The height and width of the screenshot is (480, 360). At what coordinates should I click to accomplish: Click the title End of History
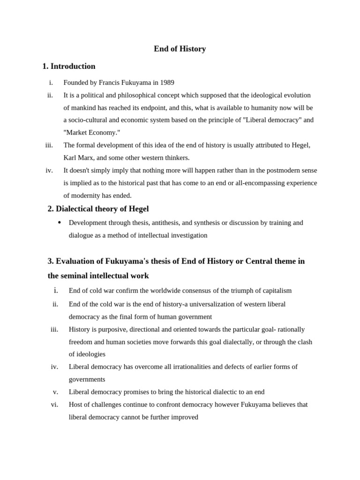(x=180, y=49)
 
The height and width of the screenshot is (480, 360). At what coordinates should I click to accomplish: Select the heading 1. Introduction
(x=69, y=66)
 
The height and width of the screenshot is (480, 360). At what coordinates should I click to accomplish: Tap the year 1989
(x=167, y=82)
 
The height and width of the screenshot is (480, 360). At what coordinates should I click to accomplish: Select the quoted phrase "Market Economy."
(x=92, y=133)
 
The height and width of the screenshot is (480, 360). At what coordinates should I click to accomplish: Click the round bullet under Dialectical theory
(x=60, y=222)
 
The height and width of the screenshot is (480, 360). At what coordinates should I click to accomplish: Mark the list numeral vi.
(x=54, y=404)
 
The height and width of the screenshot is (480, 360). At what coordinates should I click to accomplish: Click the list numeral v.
(x=55, y=392)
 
